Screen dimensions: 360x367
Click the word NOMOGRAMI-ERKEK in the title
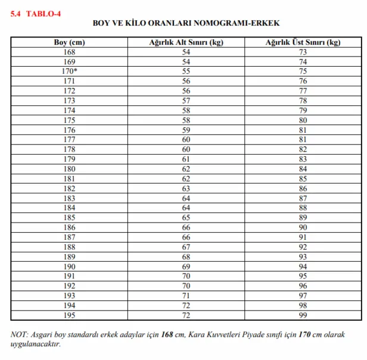[244, 24]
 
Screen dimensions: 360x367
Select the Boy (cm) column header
[69, 43]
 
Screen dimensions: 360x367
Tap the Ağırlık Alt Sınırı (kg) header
[186, 43]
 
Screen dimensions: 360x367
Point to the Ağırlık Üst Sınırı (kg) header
[303, 43]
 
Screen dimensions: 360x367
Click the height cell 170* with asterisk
[69, 71]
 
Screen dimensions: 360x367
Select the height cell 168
[69, 52]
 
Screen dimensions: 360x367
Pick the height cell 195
[69, 315]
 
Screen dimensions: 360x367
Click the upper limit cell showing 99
[303, 315]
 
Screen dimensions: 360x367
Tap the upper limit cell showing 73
[303, 52]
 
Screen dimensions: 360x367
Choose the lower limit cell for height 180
[186, 169]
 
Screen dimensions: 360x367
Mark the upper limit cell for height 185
[303, 218]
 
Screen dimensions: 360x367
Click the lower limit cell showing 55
[186, 71]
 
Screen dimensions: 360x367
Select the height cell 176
[69, 130]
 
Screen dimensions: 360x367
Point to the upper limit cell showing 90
[303, 228]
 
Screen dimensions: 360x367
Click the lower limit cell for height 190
[186, 267]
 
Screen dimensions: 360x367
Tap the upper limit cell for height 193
[303, 296]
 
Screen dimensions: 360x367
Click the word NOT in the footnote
[20, 334]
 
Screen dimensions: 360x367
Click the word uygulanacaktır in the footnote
[36, 344]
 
